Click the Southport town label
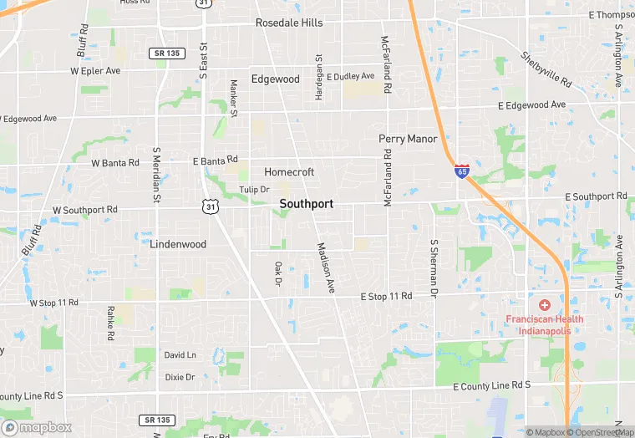coord(306,204)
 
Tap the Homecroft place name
coord(289,172)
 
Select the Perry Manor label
coord(408,139)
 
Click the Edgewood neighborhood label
coord(275,79)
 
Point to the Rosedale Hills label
coord(289,23)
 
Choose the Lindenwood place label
coord(178,245)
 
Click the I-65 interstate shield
coord(462,171)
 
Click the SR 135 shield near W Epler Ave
coord(164,53)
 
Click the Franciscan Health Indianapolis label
coord(545,324)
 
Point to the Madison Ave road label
coord(325,267)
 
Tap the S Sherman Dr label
coord(434,268)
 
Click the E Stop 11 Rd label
coord(386,297)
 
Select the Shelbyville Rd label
coord(546,69)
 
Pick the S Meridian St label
coord(155,175)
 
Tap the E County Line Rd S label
coord(491,385)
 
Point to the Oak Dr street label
coord(278,273)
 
